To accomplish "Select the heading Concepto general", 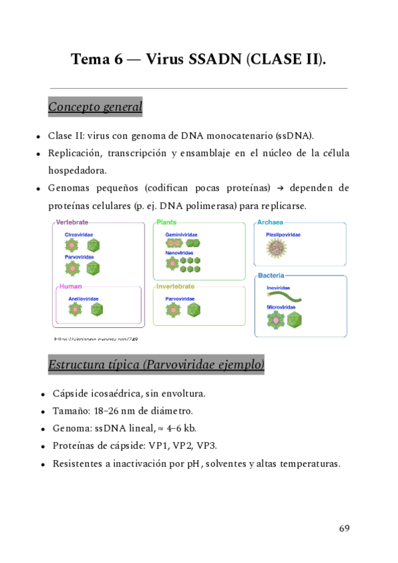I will [95, 106].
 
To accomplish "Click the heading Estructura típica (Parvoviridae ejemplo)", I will [156, 364].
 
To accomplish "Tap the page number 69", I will [344, 528].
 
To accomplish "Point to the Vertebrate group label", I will [72, 222].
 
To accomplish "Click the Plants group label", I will [166, 222].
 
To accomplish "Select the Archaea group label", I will [273, 222].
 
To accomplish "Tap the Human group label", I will [70, 287].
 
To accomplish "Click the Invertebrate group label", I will [175, 287].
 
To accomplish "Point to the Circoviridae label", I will [79, 234].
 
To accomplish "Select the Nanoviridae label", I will [179, 253].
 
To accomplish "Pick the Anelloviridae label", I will [83, 299].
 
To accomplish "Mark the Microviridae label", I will [281, 307].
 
